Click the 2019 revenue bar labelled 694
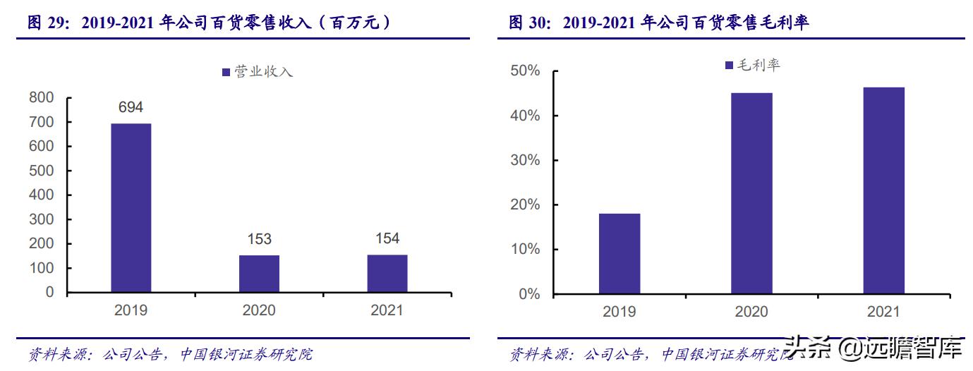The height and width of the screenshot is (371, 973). (131, 208)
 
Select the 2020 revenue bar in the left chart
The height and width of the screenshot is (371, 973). (259, 274)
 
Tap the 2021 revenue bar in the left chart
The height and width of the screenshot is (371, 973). (387, 274)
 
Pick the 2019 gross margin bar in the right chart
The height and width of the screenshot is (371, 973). (620, 254)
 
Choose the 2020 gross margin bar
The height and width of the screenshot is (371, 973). (751, 193)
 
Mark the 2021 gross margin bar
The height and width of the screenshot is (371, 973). (884, 190)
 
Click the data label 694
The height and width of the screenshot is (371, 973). (131, 107)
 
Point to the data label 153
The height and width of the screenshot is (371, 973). (259, 239)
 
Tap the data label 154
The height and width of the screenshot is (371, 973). (387, 238)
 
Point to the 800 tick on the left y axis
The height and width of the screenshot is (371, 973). (41, 98)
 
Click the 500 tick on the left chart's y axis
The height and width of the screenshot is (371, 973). (41, 171)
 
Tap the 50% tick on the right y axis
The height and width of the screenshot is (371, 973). (525, 71)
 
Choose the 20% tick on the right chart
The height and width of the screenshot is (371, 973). (525, 205)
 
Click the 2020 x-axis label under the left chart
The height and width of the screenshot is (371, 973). (259, 310)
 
